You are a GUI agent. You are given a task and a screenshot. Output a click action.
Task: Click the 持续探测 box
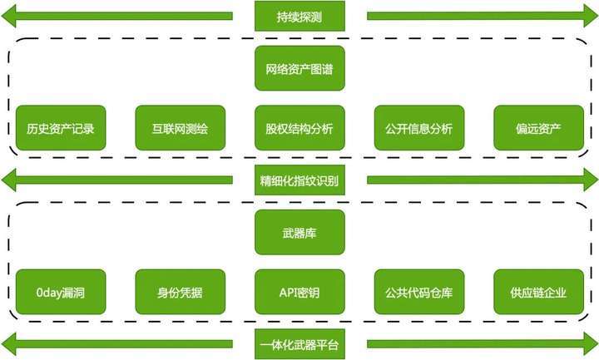tap(299, 16)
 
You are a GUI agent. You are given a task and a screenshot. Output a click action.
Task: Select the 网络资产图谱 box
tap(299, 68)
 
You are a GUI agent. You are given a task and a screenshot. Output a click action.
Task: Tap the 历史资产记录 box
tap(61, 128)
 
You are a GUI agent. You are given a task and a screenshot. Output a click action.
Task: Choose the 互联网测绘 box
tap(181, 128)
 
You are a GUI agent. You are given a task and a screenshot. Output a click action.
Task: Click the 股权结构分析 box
tap(299, 128)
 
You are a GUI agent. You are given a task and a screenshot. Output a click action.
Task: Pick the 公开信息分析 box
tap(419, 128)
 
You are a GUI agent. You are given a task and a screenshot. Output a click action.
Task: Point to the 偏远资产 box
tap(538, 128)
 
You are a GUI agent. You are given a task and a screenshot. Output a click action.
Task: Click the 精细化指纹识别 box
tap(299, 180)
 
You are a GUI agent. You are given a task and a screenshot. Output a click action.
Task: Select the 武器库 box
tap(299, 232)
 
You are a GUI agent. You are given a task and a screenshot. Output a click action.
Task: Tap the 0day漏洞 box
tap(61, 292)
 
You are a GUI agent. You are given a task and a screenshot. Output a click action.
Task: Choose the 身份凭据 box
tap(181, 292)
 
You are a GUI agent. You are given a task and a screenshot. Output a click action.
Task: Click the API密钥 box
tap(299, 292)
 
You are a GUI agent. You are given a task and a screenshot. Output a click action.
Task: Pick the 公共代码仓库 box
tap(419, 292)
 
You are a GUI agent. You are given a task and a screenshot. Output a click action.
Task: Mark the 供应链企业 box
tap(538, 292)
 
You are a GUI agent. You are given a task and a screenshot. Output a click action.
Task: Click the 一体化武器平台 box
tap(299, 344)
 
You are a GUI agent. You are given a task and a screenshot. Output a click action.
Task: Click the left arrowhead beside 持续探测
tap(8, 16)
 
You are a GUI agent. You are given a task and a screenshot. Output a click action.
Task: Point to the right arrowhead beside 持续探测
tap(591, 16)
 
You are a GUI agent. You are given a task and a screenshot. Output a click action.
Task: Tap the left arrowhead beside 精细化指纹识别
tap(8, 180)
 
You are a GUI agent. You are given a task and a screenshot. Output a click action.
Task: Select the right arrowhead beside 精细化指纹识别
tap(591, 180)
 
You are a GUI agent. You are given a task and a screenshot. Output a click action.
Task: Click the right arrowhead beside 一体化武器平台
tap(591, 344)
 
